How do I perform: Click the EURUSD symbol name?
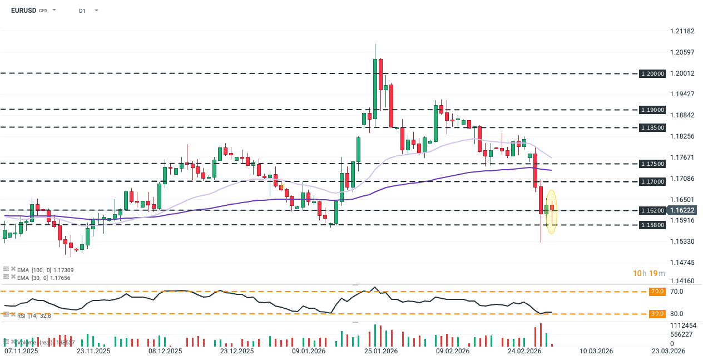23,10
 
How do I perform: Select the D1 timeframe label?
82,11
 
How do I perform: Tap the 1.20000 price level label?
652,73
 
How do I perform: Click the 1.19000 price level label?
652,110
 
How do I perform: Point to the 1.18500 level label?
652,127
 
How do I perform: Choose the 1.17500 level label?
652,164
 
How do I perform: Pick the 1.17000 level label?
652,181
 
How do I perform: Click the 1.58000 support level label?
652,225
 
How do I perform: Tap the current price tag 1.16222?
682,210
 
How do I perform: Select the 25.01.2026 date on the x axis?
380,351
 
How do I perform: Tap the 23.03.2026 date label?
669,351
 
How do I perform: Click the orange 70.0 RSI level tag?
657,292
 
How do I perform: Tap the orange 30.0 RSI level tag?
657,314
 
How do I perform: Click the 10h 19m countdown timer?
648,273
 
